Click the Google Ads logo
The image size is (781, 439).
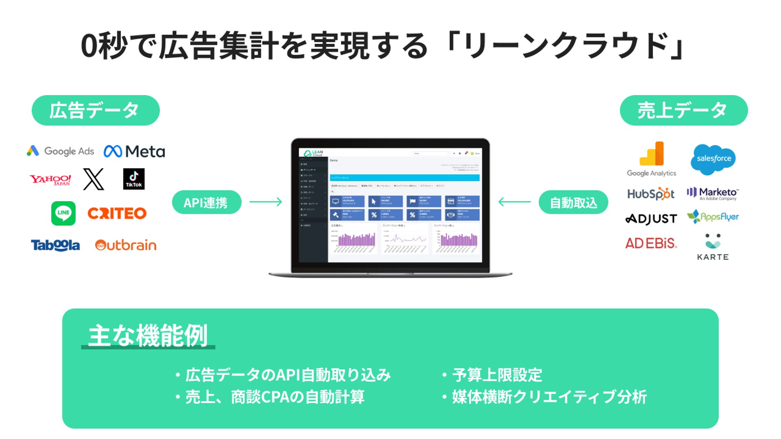[x=61, y=151]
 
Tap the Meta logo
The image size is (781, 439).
[x=134, y=152]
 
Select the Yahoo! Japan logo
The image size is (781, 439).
[x=50, y=180]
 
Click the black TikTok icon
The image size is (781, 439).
[x=134, y=179]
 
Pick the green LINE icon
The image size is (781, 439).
[x=63, y=213]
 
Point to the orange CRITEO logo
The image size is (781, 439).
[x=117, y=213]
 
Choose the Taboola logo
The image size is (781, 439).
[x=55, y=245]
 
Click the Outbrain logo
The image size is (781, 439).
[x=126, y=245]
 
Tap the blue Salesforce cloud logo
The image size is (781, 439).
[x=713, y=159]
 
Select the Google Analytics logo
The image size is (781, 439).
[x=652, y=159]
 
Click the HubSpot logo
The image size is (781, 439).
[x=651, y=194]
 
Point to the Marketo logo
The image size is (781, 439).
[x=713, y=193]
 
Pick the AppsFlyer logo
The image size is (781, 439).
[x=713, y=217]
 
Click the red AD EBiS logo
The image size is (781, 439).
[x=651, y=243]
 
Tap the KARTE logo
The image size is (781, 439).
[x=713, y=247]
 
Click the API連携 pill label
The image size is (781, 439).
[x=207, y=202]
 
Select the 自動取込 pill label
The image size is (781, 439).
[x=573, y=202]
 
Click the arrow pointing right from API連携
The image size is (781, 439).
[x=266, y=202]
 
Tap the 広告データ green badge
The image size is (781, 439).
[x=96, y=111]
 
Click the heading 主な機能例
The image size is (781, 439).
[x=148, y=336]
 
